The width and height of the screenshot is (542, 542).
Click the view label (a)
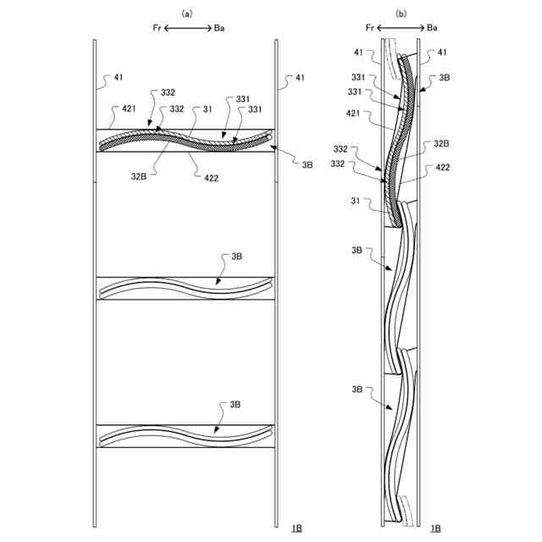coord(187,14)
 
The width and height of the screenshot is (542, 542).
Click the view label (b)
coord(401,14)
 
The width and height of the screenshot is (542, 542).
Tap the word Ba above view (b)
coord(432,28)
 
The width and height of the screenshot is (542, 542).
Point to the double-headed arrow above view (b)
coord(401,28)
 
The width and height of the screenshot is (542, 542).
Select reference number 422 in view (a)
coord(204,176)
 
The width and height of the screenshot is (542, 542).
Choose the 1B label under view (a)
coord(296,528)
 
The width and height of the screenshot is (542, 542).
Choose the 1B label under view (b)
coord(434,528)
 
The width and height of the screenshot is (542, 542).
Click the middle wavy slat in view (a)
coord(186,288)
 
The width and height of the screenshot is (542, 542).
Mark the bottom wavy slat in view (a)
coord(186,436)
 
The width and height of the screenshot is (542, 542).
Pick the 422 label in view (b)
coord(441,167)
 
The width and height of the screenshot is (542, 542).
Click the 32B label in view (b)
coord(441,144)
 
